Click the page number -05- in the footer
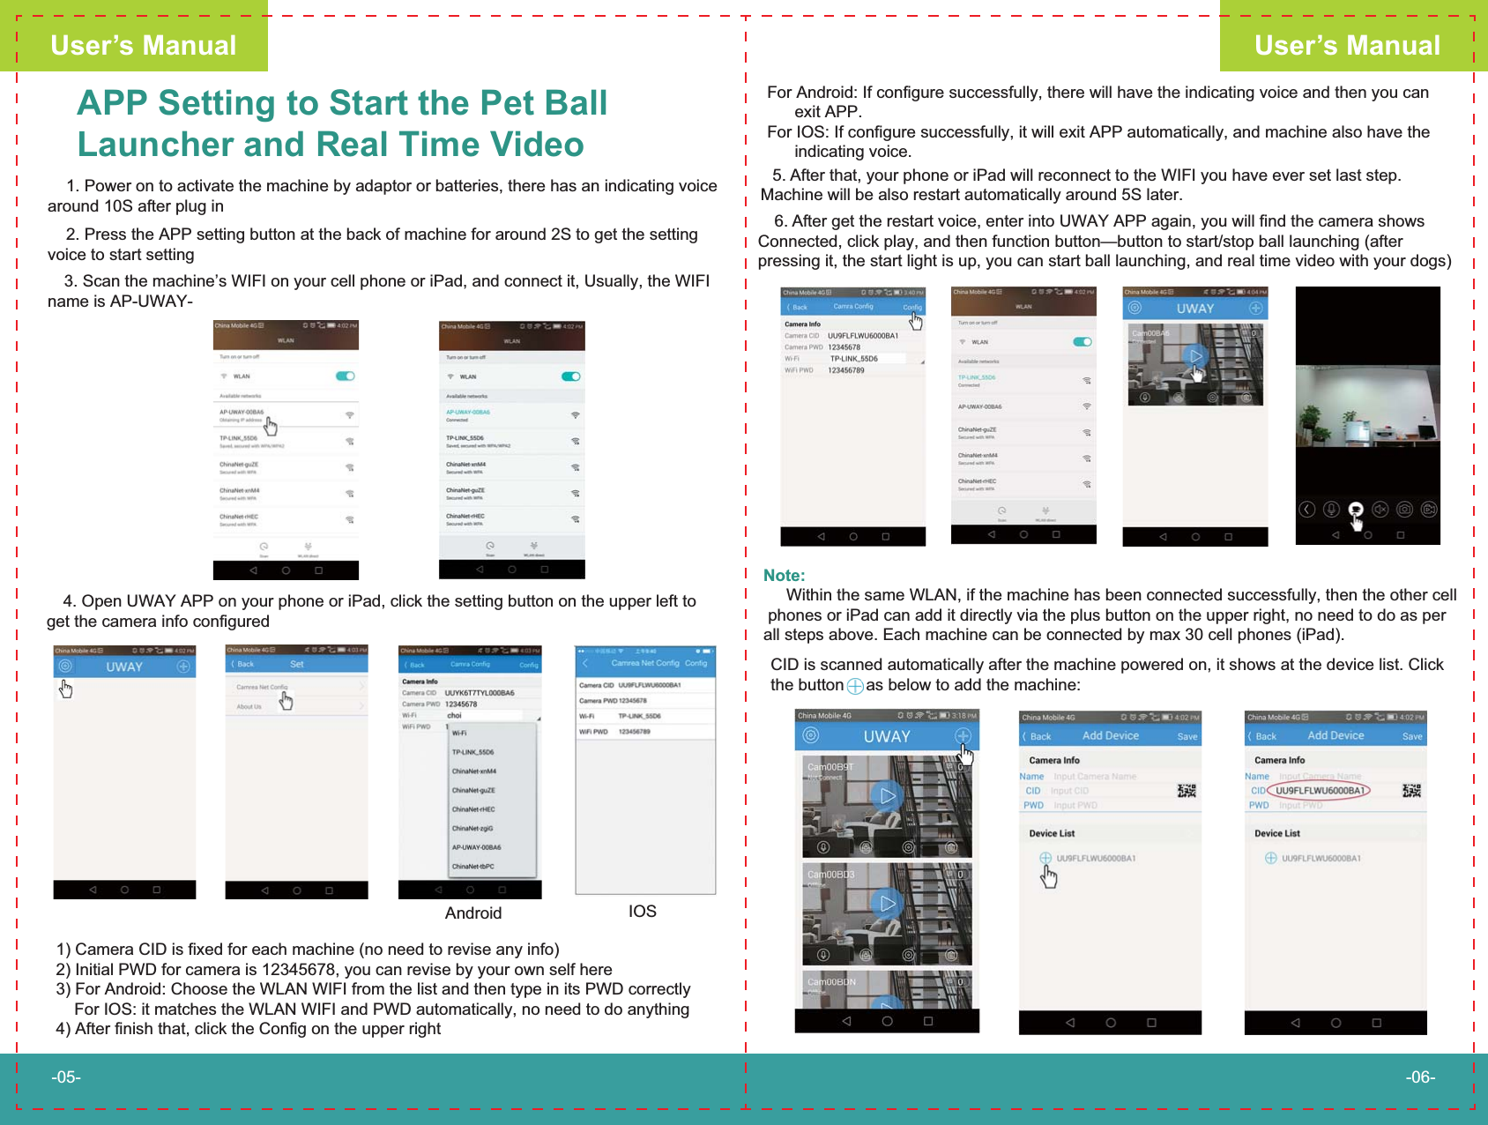pos(66,1077)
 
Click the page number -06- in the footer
pos(1420,1077)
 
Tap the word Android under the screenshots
pos(473,913)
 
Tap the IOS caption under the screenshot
pos(642,912)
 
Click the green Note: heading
pos(784,576)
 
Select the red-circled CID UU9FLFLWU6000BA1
pos(1320,791)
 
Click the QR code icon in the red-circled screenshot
pos(1411,791)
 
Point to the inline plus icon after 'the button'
pos(855,686)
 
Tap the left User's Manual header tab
pos(143,45)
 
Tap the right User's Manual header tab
pos(1347,45)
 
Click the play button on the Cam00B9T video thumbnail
pos(887,796)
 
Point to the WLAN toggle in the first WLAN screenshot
pos(345,376)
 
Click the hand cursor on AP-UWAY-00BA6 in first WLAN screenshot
pos(271,427)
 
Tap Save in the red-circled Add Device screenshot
pos(1412,736)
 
